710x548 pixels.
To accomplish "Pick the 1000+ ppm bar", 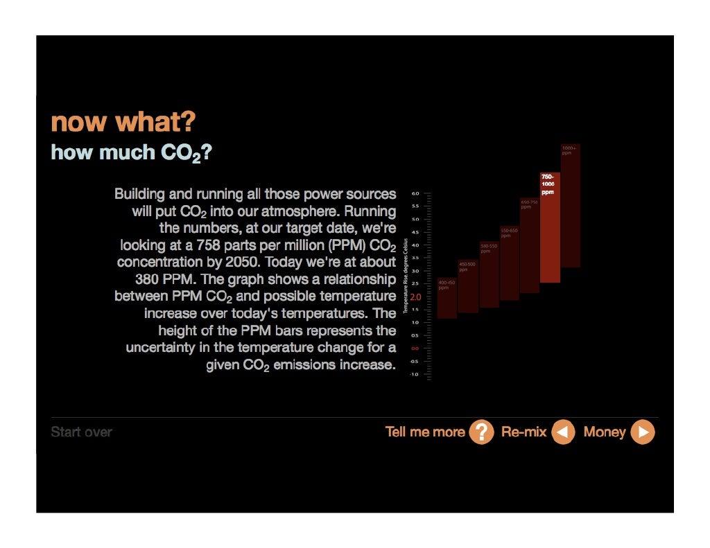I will tap(570, 208).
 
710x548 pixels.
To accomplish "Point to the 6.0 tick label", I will tap(415, 194).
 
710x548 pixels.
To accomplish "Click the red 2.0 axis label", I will tap(415, 297).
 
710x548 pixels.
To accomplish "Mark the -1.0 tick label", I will tap(415, 374).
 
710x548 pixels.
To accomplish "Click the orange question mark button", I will tap(481, 432).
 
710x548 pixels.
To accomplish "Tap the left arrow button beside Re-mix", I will tap(563, 432).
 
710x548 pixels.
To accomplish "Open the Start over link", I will tap(81, 432).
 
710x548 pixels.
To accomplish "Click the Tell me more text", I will tap(424, 432).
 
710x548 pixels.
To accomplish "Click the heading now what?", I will tap(123, 123).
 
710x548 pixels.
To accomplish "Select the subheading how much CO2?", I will tap(130, 152).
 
